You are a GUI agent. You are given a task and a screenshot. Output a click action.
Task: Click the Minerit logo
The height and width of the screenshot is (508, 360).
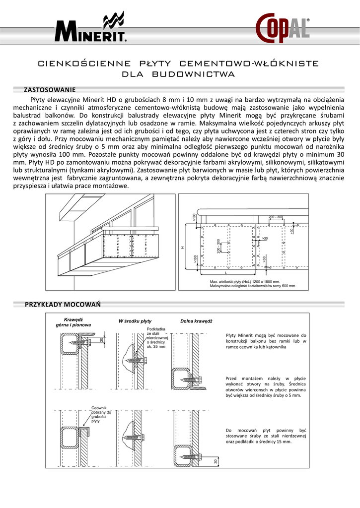91,30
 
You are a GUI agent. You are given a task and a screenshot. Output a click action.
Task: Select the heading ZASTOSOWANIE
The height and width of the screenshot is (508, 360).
50,90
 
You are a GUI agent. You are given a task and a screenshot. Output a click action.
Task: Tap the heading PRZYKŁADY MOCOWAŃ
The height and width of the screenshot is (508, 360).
63,304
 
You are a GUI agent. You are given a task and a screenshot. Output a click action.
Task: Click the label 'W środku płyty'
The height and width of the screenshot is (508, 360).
135,321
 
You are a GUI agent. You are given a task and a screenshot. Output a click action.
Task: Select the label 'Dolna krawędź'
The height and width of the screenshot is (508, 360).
196,321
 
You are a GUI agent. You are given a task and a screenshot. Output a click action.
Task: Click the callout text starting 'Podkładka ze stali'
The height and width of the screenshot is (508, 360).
157,338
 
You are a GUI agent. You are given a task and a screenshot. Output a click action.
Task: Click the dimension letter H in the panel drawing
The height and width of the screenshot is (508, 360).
182,247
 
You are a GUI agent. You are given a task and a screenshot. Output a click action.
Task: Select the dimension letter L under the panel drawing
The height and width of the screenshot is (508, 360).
226,273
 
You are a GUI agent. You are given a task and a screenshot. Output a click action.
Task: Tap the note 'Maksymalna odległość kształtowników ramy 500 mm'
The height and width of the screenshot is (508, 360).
252,286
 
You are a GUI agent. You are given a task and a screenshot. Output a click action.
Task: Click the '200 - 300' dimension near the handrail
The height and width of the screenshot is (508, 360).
276,217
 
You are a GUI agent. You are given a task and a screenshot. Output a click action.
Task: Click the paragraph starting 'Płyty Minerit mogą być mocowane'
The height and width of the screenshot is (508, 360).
266,341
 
